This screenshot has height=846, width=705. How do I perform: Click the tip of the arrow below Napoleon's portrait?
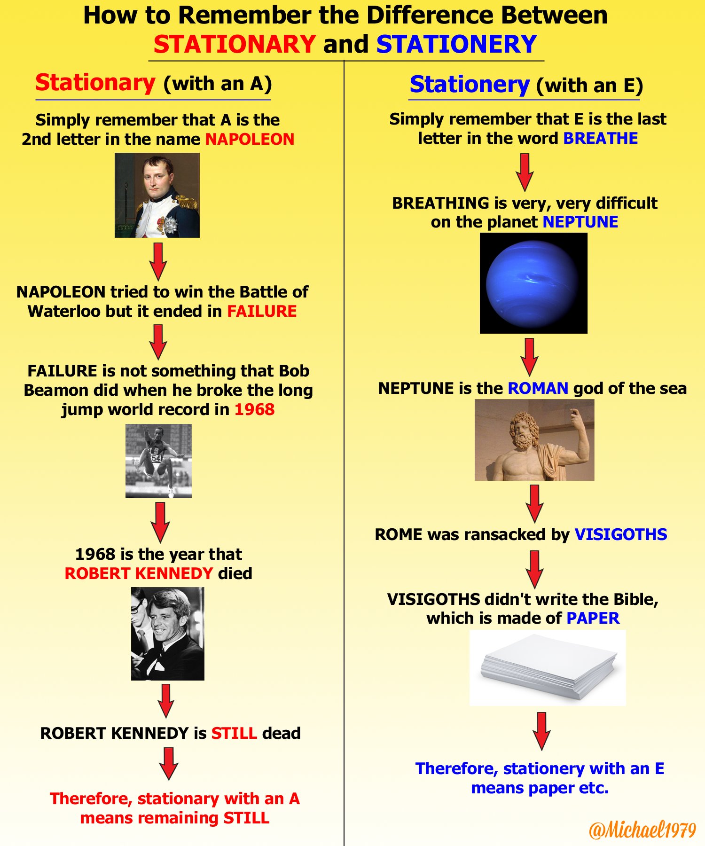[x=158, y=281]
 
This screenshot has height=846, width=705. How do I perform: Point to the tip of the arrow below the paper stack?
[x=541, y=750]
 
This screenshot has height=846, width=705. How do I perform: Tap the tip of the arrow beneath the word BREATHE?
[x=525, y=191]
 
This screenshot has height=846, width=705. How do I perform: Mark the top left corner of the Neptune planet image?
[x=480, y=233]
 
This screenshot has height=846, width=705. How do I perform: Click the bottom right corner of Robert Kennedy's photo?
[x=204, y=680]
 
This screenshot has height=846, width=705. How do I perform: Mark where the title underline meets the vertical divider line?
[x=344, y=61]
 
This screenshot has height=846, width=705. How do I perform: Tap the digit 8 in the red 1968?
[x=269, y=409]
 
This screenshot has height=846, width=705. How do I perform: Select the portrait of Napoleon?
[x=157, y=195]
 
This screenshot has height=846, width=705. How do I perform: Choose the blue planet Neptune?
[x=533, y=283]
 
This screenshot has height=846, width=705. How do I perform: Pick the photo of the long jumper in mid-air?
[x=158, y=461]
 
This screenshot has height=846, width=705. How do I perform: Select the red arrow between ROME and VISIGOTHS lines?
[x=535, y=569]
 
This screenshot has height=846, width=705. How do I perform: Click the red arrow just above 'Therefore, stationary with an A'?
[x=168, y=764]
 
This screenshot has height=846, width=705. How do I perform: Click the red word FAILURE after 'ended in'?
[x=262, y=311]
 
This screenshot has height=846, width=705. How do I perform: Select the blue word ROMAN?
[x=538, y=388]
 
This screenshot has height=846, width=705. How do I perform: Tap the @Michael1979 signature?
[x=642, y=830]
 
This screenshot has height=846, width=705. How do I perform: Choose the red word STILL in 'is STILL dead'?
[x=234, y=733]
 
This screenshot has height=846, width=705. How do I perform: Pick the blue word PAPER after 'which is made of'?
[x=593, y=618]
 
